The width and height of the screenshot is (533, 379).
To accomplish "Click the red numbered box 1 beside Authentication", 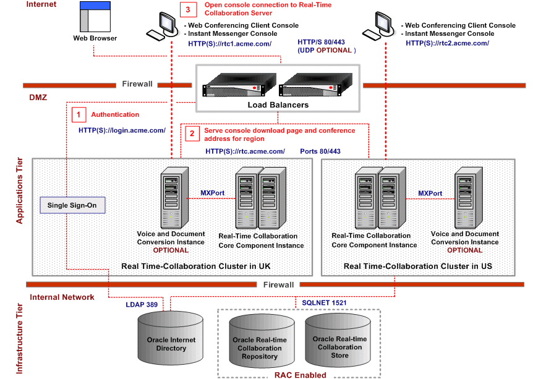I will click(x=79, y=114).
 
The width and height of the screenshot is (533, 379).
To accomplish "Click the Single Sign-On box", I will click(x=72, y=205).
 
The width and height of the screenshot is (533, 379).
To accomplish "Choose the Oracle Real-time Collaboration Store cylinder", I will click(x=339, y=343).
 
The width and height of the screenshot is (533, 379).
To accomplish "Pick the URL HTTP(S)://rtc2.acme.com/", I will click(x=447, y=43).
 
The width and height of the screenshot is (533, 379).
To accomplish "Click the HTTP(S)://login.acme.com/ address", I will click(x=122, y=130).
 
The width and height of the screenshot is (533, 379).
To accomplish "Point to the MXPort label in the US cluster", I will click(x=430, y=193).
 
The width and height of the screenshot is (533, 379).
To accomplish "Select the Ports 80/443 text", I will click(x=320, y=151).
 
